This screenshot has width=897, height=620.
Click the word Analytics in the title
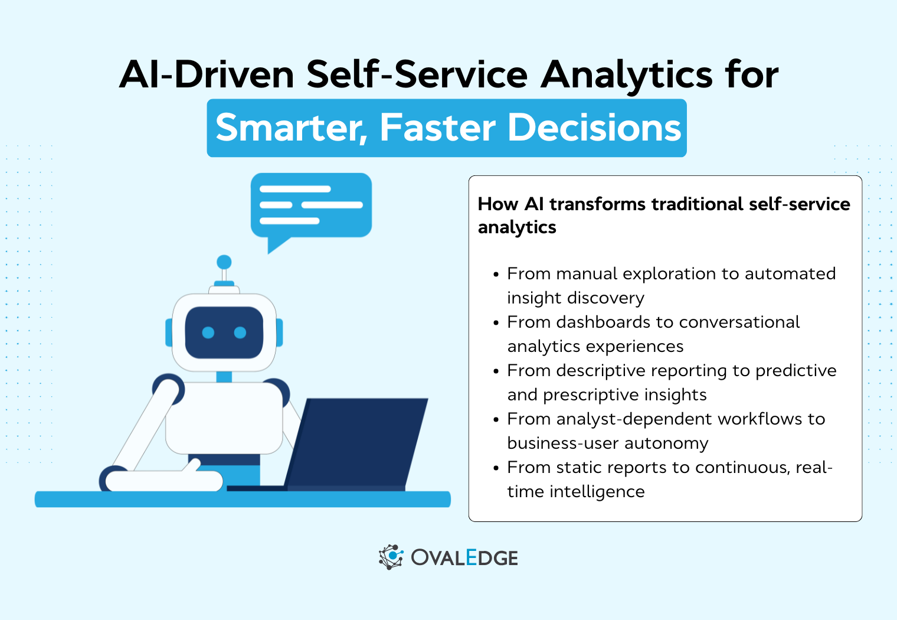pos(627,75)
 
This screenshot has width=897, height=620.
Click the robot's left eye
pos(208,332)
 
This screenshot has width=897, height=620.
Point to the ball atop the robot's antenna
pos(224,262)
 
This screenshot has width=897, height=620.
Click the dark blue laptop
pos(360,443)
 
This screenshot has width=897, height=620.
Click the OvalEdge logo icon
pos(391,557)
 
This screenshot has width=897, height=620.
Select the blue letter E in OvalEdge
pos(471,557)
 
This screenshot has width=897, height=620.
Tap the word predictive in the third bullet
pos(795,370)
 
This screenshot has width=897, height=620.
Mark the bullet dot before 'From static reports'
pos(496,468)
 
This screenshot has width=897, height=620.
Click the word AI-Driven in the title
pos(207,75)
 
